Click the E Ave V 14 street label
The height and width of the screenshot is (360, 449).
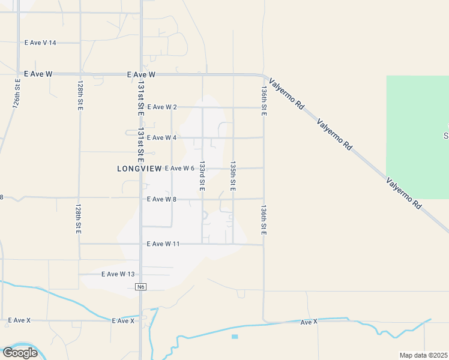[40, 43]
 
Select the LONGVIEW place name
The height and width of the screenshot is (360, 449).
[139, 169]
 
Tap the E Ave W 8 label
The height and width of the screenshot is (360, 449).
[161, 199]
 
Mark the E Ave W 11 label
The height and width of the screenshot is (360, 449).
[163, 244]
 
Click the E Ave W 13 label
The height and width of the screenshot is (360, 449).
[117, 274]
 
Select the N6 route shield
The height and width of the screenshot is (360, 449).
[141, 287]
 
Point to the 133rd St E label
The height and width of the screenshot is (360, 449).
[202, 175]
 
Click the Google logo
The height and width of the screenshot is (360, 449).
[20, 352]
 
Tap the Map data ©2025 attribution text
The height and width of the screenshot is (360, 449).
[423, 355]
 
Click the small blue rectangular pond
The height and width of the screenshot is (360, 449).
[235, 337]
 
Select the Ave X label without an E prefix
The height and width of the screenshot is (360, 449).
[309, 322]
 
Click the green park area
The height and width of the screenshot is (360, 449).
[417, 137]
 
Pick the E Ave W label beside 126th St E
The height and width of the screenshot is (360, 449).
[38, 74]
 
